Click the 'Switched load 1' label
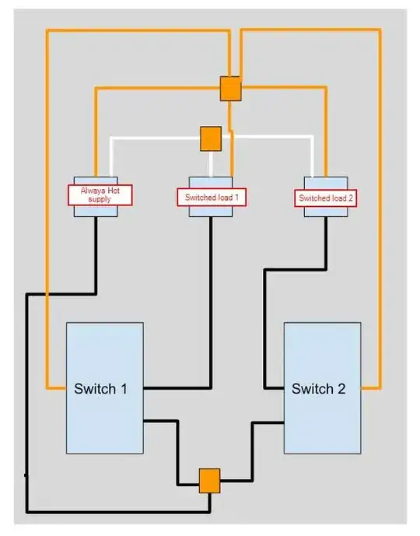[211, 198]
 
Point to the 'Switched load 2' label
[325, 198]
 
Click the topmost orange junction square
[230, 88]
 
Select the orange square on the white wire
[211, 138]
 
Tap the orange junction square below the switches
[209, 480]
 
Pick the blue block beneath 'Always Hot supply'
[96, 211]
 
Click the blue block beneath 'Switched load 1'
[211, 212]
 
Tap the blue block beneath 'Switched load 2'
[324, 212]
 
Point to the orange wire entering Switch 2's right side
[371, 387]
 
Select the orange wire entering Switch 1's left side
[56, 387]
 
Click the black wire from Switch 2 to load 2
[266, 327]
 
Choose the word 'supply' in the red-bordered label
[101, 200]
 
